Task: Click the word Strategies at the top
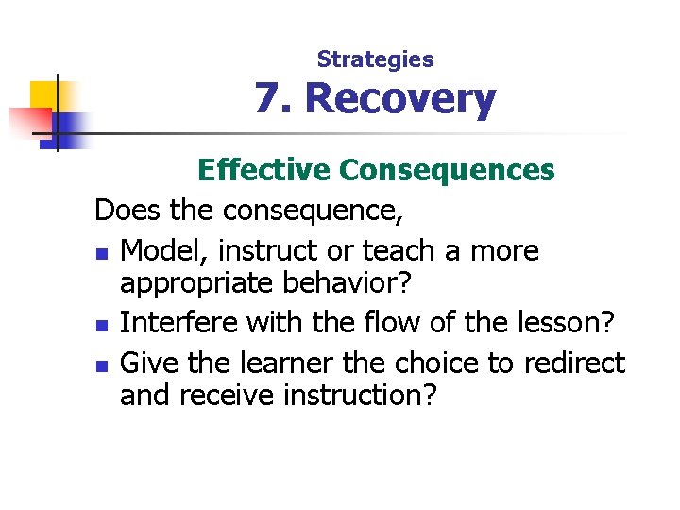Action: (375, 59)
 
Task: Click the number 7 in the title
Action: (266, 99)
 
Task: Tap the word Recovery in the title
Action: (399, 99)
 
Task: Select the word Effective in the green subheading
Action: (263, 170)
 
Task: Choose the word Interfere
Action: (179, 323)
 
